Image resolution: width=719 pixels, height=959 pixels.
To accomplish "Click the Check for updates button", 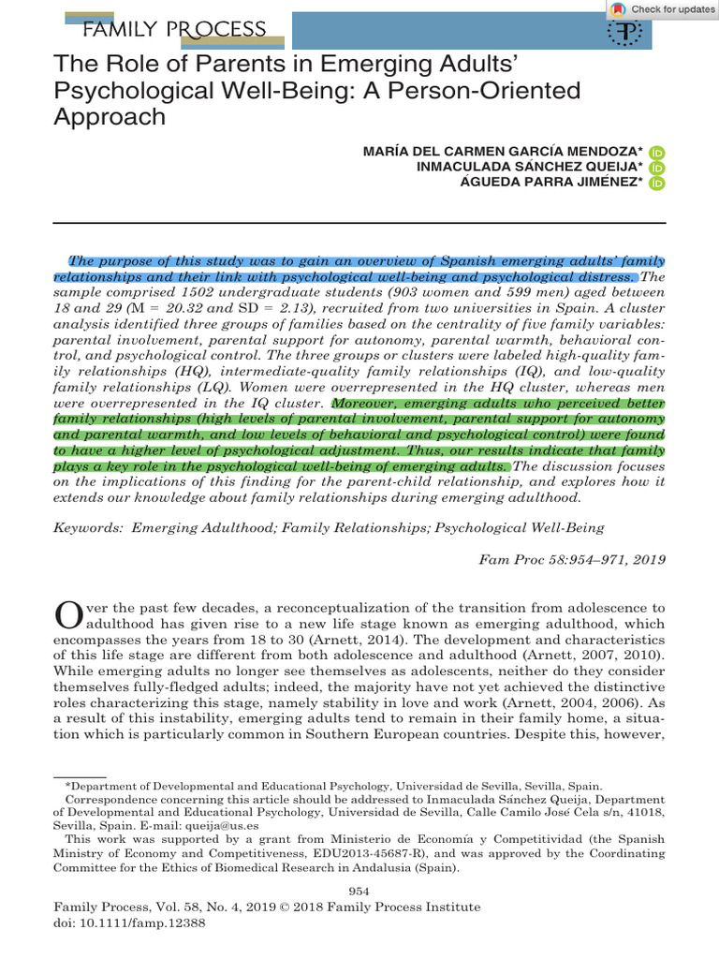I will click(661, 9).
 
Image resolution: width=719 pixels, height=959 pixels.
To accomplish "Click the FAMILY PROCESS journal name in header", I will click(174, 30).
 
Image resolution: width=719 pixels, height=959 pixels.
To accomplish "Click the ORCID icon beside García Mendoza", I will click(656, 152).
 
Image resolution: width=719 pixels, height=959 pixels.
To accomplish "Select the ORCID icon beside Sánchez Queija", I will click(656, 168).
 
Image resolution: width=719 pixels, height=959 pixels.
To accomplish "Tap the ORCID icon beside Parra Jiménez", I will click(656, 184).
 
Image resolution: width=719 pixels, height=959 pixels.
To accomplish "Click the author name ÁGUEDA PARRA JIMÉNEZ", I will click(552, 184).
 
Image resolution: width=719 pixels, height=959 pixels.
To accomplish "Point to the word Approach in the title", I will click(110, 117).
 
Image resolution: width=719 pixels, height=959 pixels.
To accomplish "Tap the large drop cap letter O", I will click(70, 615).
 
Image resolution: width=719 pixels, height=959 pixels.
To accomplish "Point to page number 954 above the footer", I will click(359, 890).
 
